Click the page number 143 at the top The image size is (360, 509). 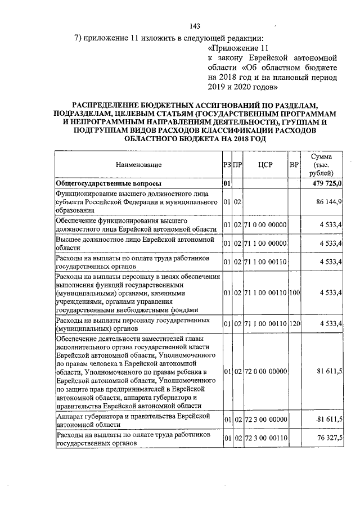click(x=196, y=26)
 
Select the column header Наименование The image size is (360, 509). click(x=138, y=165)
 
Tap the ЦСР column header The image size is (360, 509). click(x=265, y=165)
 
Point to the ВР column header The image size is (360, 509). click(x=294, y=165)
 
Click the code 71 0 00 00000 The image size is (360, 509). click(x=265, y=226)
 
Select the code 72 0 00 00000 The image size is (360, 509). click(x=265, y=372)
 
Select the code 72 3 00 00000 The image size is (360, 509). click(x=265, y=420)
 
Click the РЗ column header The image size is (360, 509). click(x=226, y=165)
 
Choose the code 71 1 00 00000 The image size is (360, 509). click(x=265, y=244)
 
